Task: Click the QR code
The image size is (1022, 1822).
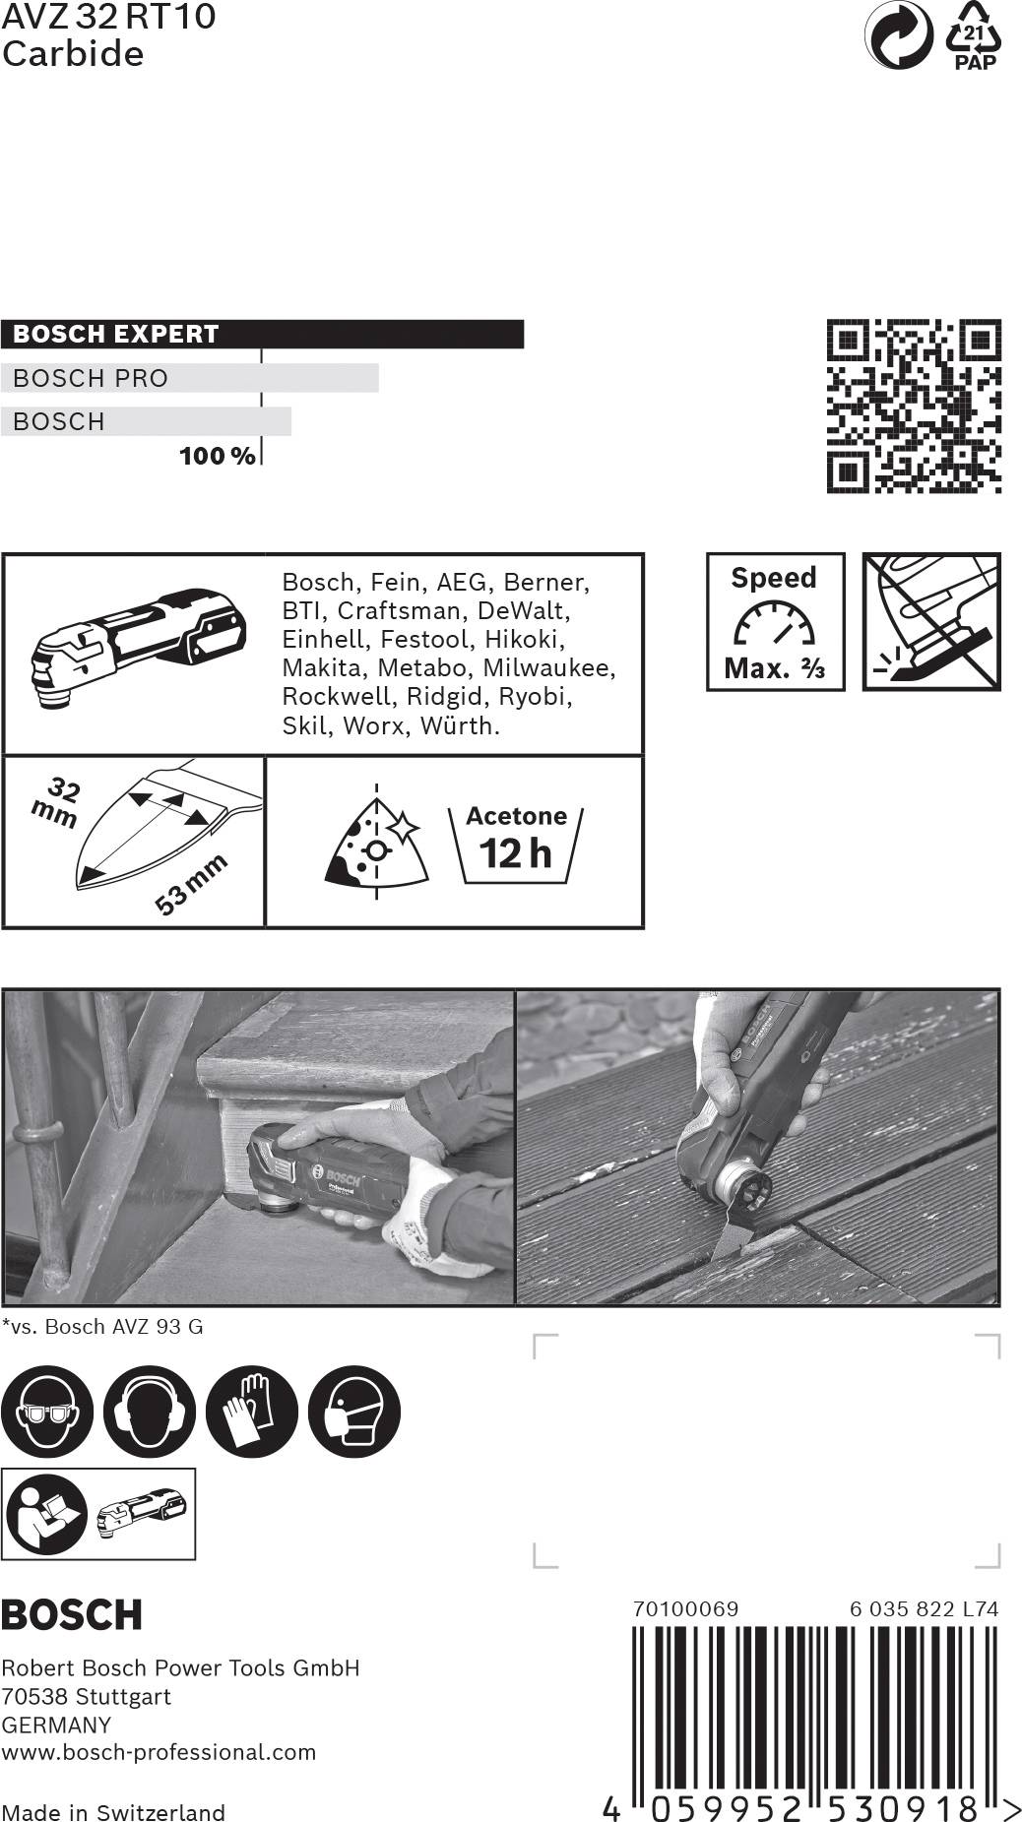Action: coord(913,406)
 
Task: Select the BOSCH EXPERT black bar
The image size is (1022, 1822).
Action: coord(262,334)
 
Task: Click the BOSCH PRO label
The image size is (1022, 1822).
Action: coord(91,378)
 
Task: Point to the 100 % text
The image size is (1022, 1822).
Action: coord(217,456)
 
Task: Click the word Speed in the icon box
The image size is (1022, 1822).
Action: coord(774,578)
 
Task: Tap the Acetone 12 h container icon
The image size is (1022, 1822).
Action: coord(516,844)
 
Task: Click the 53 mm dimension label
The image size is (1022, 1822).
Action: coord(191,884)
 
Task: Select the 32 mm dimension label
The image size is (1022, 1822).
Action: coord(57,801)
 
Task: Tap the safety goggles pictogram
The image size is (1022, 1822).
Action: coord(46,1412)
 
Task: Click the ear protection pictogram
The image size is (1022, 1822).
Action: coord(149,1412)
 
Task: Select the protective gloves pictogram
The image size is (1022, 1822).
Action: coord(251,1412)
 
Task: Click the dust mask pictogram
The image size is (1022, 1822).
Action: coord(353,1412)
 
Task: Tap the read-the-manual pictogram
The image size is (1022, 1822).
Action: coord(46,1514)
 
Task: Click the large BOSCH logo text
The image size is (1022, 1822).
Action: coord(72,1615)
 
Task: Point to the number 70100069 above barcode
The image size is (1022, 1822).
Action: coord(685,1608)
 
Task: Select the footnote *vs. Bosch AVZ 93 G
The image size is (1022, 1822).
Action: coord(102,1326)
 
